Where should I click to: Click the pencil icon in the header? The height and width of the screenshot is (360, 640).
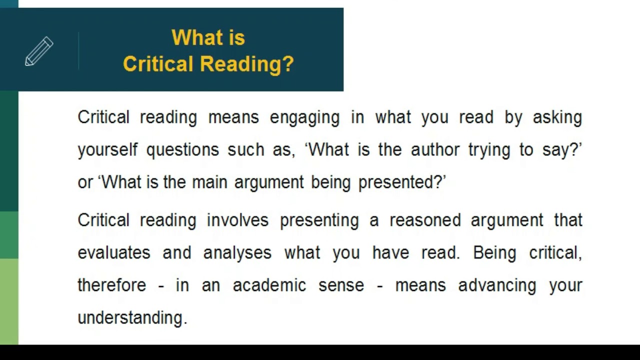39,51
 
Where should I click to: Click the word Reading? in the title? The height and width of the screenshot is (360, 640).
247,64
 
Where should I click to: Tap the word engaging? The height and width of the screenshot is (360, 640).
304,118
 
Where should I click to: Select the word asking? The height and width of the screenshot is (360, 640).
557,118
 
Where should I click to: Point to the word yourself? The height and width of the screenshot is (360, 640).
107,150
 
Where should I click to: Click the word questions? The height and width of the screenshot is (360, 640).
182,150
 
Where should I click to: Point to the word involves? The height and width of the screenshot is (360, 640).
237,220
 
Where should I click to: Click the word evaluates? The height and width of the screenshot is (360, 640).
114,253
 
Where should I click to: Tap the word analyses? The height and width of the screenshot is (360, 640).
237,253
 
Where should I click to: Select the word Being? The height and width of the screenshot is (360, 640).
495,253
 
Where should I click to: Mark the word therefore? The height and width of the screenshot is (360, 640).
112,285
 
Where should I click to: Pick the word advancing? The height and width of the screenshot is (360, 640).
497,285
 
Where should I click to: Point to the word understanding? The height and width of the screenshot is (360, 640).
132,318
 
